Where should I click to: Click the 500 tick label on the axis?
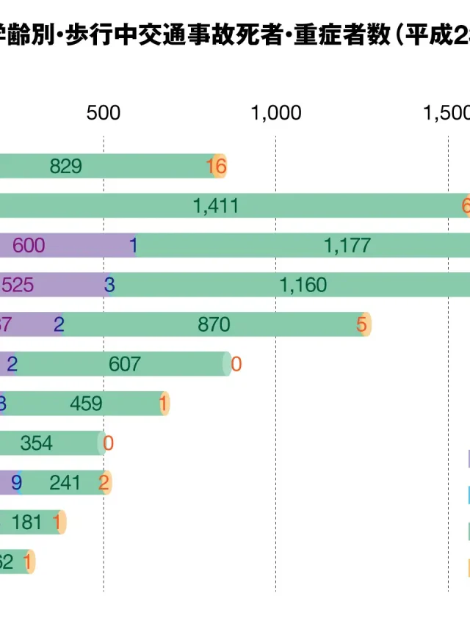(103, 113)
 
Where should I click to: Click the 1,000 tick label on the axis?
(276, 113)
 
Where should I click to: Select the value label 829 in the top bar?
(65, 167)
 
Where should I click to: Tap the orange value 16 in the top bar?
(217, 167)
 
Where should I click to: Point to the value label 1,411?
(216, 206)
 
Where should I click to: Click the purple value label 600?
(29, 246)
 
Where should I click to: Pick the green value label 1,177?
(347, 246)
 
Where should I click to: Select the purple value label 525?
(18, 285)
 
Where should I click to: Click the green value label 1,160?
(303, 285)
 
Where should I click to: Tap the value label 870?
(214, 324)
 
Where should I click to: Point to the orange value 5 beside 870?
(361, 324)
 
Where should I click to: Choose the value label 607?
(124, 364)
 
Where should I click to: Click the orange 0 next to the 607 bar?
(236, 364)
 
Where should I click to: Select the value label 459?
(86, 404)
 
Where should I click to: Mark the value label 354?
(57, 443)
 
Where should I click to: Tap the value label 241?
(65, 483)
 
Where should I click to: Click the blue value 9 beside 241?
(16, 483)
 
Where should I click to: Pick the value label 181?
(27, 523)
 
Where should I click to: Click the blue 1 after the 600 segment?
(134, 246)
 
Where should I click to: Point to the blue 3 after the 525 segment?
(109, 285)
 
